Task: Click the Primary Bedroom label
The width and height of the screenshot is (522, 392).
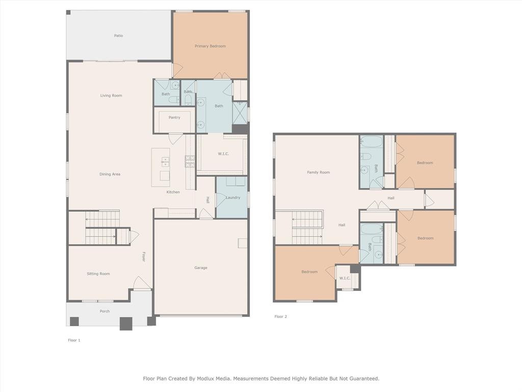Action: click(210, 46)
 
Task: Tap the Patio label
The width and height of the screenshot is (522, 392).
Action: click(118, 36)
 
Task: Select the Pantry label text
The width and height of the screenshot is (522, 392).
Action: click(174, 118)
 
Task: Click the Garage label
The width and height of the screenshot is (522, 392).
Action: click(201, 268)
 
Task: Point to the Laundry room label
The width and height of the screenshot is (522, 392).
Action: click(233, 198)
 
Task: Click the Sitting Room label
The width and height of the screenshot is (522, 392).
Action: click(98, 274)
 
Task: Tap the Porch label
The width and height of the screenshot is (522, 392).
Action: click(105, 311)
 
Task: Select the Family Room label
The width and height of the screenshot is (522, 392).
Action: click(318, 173)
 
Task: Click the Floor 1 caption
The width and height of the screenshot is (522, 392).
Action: click(74, 340)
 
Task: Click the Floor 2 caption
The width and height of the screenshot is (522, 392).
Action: click(281, 316)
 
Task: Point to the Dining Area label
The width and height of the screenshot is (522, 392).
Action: click(110, 175)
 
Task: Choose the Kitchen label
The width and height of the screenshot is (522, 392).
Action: click(173, 192)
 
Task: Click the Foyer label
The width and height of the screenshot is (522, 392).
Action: click(144, 257)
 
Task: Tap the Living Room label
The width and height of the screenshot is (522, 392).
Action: click(111, 95)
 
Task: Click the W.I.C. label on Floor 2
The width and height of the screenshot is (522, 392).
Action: click(345, 278)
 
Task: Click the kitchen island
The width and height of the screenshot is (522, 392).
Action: click(161, 167)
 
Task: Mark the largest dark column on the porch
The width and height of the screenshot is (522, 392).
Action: click(126, 324)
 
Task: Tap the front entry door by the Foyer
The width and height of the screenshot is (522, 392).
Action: click(142, 283)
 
